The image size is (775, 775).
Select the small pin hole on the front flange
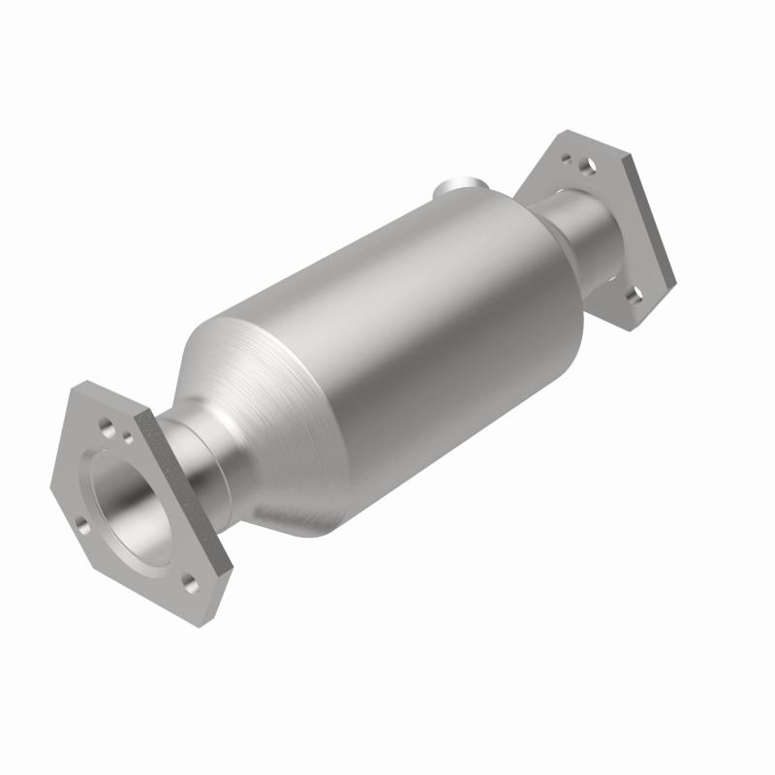128,438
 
